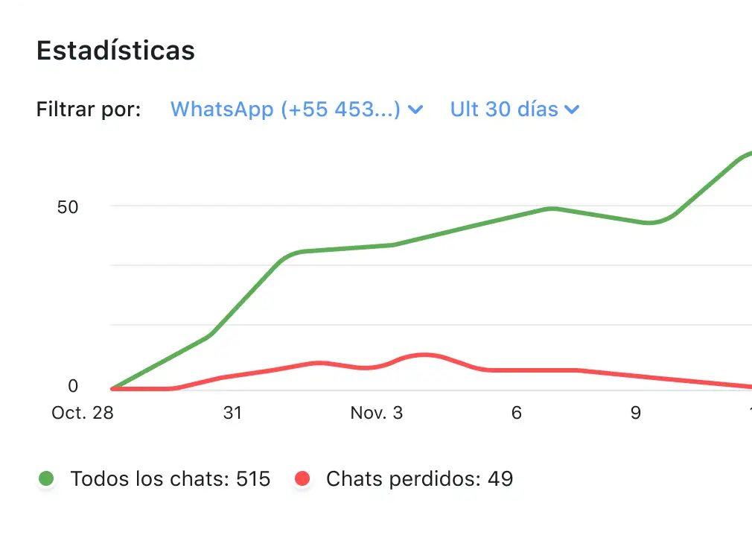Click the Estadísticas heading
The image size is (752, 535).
pos(115,51)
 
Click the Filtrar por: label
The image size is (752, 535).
pos(89,110)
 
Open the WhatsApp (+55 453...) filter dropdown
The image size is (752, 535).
pos(285,110)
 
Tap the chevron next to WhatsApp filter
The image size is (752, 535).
pos(416,110)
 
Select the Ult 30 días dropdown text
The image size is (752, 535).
pos(504,110)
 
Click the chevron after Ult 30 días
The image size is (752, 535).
pos(572,110)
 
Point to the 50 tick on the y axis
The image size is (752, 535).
pos(68,206)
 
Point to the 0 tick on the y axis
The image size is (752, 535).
pos(73,386)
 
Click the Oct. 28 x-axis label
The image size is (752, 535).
pos(83,413)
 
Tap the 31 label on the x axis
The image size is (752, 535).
pos(233,413)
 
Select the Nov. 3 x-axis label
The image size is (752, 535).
pos(377,413)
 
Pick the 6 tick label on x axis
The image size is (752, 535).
pos(517,413)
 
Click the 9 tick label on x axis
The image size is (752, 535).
pos(636,413)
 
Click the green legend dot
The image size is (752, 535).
pos(47,478)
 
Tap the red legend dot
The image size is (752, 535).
pos(302,478)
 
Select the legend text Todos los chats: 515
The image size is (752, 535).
pos(170,478)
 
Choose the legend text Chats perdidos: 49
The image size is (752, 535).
pos(419,478)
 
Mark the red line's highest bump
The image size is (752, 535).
pos(424,355)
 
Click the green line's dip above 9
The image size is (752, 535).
pos(649,223)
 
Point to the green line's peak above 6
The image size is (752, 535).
pos(551,209)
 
